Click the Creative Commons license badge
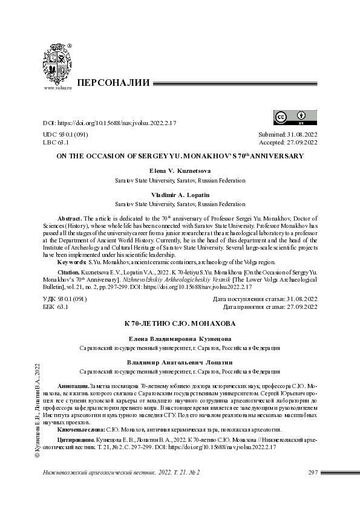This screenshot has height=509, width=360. (289, 117)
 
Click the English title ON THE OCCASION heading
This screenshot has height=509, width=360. (180, 156)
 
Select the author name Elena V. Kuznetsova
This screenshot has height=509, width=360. (180, 171)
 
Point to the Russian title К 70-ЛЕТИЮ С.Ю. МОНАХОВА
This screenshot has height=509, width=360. (180, 325)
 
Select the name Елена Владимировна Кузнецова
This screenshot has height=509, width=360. (180, 339)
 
